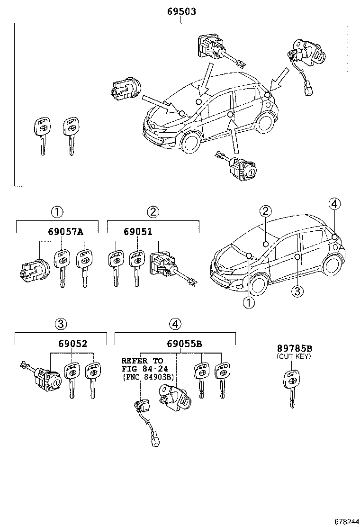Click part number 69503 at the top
[x=180, y=11]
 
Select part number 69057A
[x=65, y=232]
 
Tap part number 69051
[x=138, y=232]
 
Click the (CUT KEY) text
[x=294, y=356]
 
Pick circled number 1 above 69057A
[x=57, y=212]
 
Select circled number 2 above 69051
[x=153, y=212]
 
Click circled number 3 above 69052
[x=60, y=324]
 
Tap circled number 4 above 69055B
[x=175, y=324]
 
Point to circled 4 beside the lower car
[x=334, y=204]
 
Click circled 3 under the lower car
[x=297, y=291]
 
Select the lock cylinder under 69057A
[x=30, y=271]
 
